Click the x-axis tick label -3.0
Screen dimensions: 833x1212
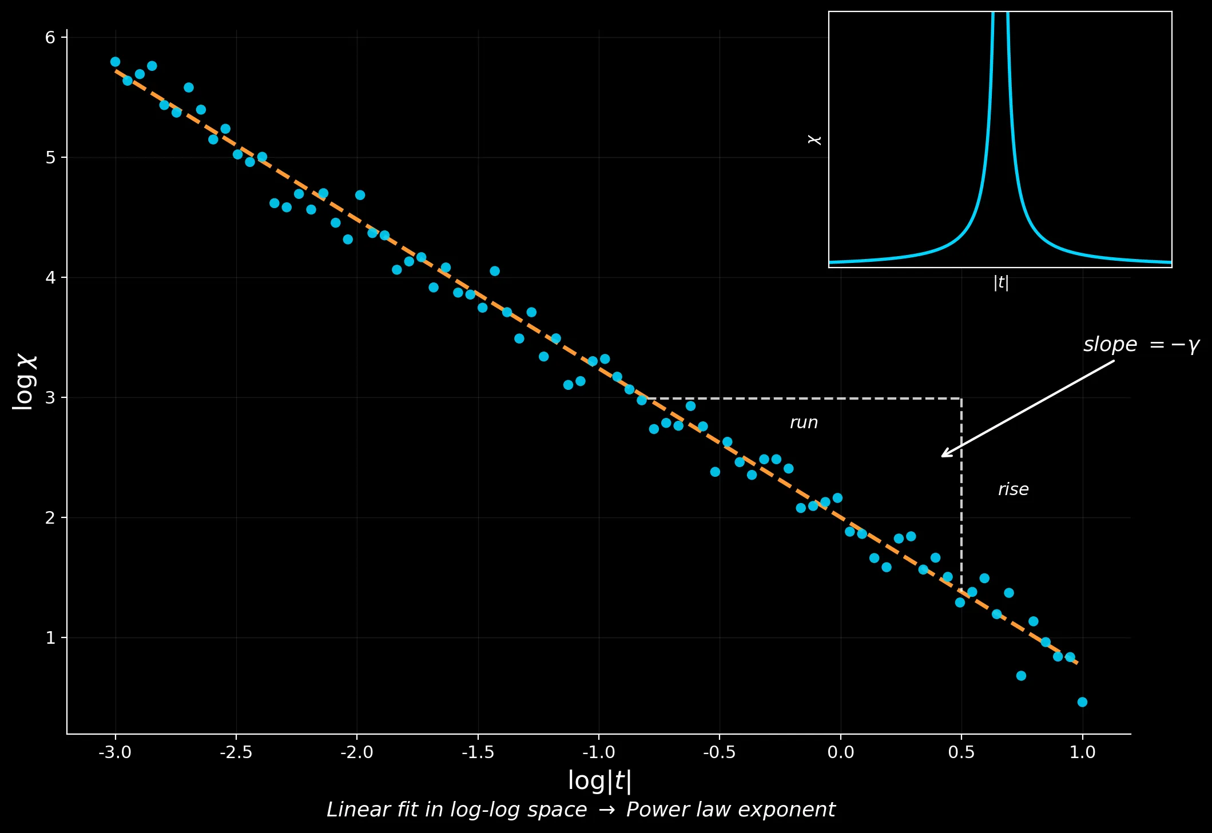click(115, 752)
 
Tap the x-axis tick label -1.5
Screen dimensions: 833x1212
click(478, 752)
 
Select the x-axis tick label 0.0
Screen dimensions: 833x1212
click(840, 752)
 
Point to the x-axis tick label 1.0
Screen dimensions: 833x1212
click(1082, 752)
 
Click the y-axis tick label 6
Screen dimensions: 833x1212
click(50, 38)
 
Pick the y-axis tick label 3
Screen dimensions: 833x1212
click(50, 397)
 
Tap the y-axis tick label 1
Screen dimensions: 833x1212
click(50, 637)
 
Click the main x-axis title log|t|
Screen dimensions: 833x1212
click(599, 781)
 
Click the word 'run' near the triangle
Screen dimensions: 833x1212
click(804, 423)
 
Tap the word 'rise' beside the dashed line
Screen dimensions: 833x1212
click(1013, 489)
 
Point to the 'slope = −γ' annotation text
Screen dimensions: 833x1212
click(1141, 345)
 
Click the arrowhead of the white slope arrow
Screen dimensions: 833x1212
click(943, 456)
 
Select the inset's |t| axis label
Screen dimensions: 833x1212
click(1000, 282)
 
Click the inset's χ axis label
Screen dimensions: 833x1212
click(814, 140)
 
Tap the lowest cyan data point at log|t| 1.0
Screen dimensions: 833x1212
click(1082, 702)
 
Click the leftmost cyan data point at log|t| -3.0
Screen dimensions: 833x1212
click(115, 62)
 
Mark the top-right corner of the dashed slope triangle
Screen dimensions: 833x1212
click(961, 398)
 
